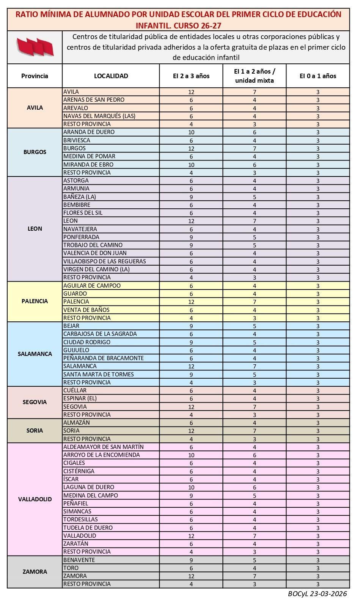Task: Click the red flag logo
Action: (x=35, y=47)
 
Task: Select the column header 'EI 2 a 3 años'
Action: (x=191, y=76)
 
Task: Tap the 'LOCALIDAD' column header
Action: (x=111, y=76)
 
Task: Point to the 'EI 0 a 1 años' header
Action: (x=318, y=76)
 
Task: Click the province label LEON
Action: (x=35, y=229)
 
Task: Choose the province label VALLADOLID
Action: (x=35, y=499)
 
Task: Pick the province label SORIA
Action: (x=35, y=431)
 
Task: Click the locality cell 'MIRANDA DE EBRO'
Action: (x=88, y=165)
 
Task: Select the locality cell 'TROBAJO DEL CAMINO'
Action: (x=93, y=245)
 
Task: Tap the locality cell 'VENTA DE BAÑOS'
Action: (x=86, y=310)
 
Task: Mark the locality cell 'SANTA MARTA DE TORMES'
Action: (x=99, y=374)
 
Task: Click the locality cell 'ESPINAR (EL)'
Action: (x=80, y=398)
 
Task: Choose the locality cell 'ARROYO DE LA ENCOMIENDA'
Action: (x=102, y=455)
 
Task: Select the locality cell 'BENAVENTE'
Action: (x=79, y=560)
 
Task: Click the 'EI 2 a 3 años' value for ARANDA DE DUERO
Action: (x=191, y=132)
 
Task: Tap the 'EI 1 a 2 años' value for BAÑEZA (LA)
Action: (x=255, y=197)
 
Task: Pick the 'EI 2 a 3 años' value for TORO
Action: (x=191, y=568)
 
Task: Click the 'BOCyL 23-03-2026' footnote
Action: (x=317, y=594)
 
